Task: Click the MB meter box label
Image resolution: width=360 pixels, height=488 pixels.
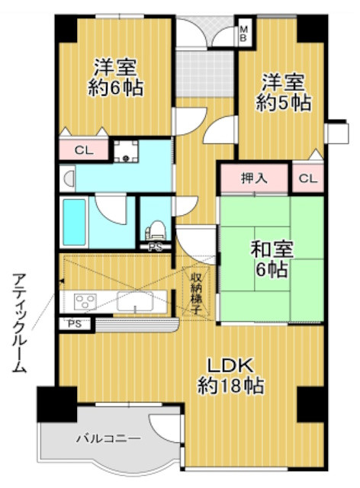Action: pos(244,34)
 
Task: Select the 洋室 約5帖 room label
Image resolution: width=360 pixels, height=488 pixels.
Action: pos(283,92)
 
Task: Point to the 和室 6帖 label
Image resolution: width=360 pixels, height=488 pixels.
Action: pos(272,259)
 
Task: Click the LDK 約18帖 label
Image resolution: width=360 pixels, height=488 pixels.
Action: pos(231,376)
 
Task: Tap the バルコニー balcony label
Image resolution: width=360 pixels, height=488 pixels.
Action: pos(108,439)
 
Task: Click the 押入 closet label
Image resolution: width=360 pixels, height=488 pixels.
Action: pos(254,178)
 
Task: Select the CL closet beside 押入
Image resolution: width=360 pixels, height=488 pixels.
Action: pos(307,178)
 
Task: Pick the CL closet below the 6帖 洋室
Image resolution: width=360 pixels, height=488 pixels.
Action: pos(84,151)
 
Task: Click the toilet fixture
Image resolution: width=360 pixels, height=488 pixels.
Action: pos(155,230)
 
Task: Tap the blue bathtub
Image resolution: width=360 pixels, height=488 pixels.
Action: pos(75,222)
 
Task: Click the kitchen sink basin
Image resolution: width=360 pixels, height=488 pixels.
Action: pos(135,301)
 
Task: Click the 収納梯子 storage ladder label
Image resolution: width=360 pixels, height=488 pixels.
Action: pos(196,292)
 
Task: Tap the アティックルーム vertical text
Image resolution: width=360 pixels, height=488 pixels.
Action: pos(19,323)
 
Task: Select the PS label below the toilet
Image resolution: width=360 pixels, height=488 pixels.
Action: pos(155,247)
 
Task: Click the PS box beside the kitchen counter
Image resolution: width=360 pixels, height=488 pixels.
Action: pos(75,324)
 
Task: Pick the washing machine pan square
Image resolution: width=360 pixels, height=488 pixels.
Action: pos(126,151)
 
